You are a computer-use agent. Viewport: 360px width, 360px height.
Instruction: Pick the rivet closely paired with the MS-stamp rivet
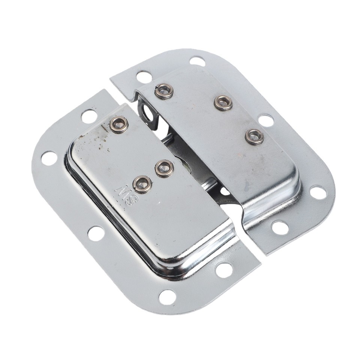coord(164,168)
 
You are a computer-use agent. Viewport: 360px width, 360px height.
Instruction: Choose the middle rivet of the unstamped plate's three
coord(223,102)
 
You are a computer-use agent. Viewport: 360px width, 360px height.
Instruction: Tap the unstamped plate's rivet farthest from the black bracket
coord(254,136)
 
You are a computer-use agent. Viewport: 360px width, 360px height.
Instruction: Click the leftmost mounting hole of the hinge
coord(49,158)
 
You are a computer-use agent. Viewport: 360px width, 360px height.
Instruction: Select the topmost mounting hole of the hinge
coord(197,61)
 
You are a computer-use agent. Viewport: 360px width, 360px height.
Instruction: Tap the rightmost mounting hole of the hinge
coord(317,192)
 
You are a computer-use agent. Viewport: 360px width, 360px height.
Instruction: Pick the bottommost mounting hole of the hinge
coord(167,297)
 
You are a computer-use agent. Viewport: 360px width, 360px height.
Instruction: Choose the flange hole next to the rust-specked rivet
coord(89,116)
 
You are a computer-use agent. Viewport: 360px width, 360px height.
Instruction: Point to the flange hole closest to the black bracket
coord(144,77)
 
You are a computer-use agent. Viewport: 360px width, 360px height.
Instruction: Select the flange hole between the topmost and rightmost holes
coord(265,120)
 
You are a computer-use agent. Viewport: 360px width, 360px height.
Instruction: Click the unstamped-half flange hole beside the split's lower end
coord(280,227)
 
